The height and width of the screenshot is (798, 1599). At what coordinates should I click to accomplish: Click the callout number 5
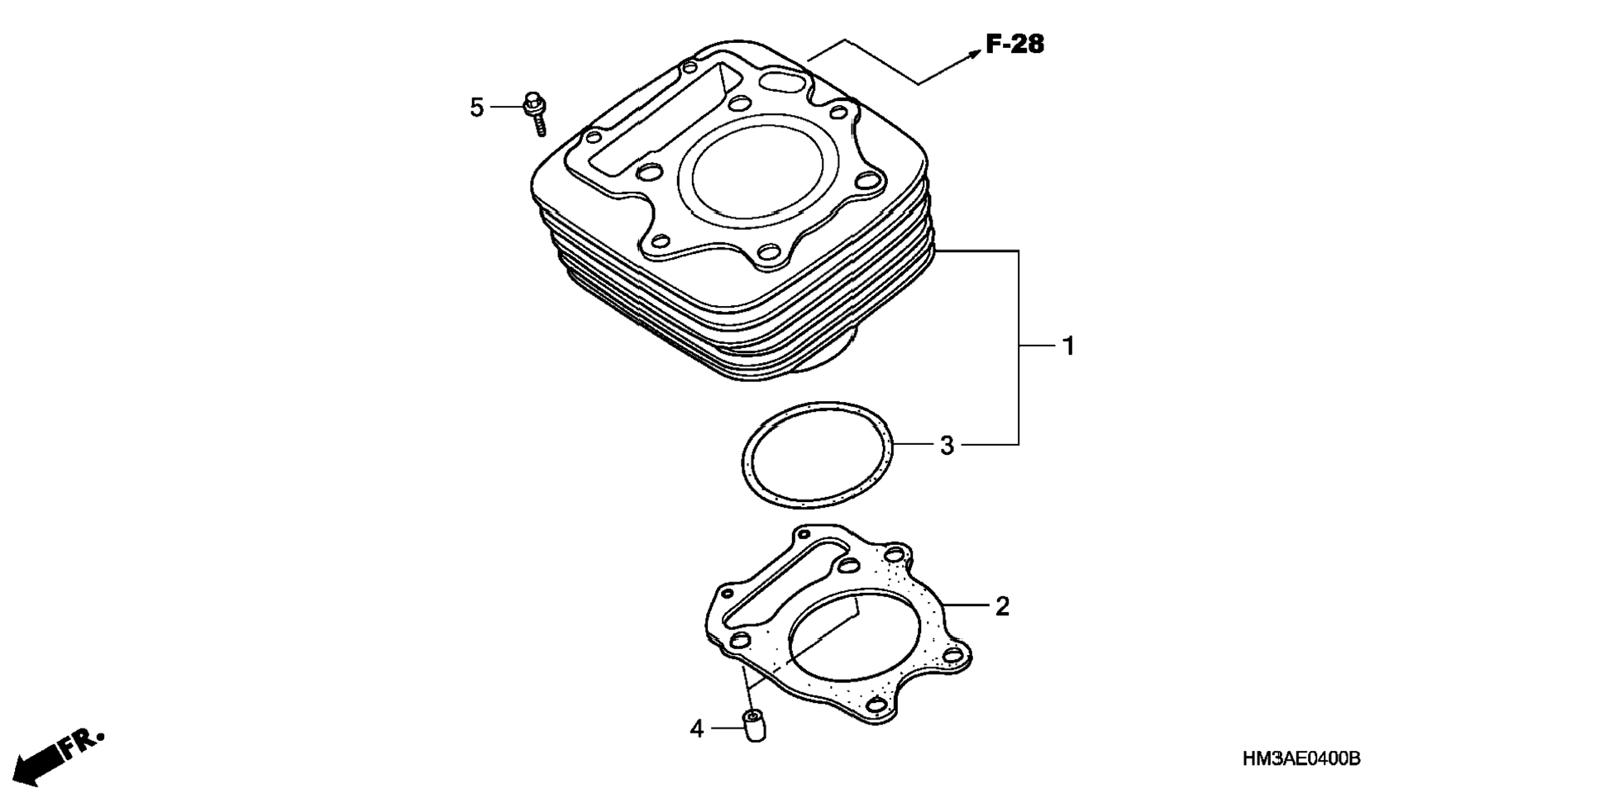[476, 108]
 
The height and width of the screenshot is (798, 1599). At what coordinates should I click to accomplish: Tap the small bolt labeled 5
[536, 115]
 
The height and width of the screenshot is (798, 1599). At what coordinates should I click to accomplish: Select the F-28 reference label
[1015, 44]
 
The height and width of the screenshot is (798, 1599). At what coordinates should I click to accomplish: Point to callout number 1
[1068, 346]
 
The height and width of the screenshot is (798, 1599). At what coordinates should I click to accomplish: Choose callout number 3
[947, 446]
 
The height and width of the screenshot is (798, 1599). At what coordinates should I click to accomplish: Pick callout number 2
[1002, 606]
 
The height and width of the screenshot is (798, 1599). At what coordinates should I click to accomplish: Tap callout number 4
[697, 729]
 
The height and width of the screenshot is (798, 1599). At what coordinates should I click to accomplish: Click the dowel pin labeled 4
[753, 725]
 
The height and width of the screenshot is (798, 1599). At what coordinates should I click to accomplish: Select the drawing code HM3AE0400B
[1301, 759]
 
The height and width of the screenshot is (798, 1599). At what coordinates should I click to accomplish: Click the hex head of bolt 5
[532, 104]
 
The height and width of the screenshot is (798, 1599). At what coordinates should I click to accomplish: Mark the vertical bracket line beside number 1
[1018, 347]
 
